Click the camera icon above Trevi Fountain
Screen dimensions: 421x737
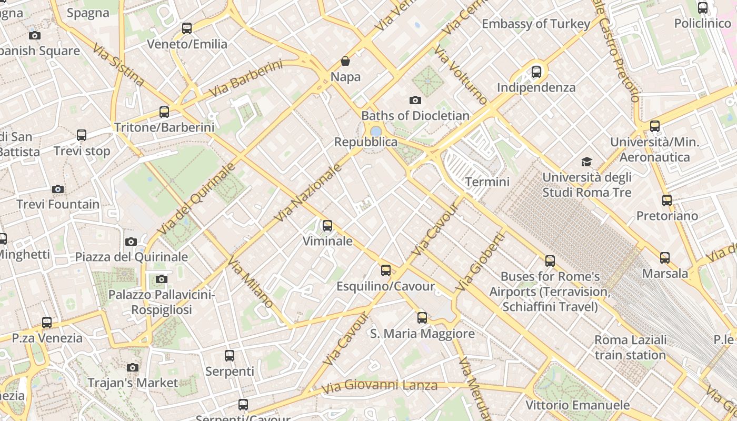coord(58,189)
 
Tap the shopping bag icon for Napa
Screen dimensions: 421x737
coord(345,62)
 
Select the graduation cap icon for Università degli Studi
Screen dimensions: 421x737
coord(586,162)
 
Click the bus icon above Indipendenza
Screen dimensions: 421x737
coord(536,72)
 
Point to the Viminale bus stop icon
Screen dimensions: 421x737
coord(327,226)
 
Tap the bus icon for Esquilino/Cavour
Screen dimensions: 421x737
coord(386,270)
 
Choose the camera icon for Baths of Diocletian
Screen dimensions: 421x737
coord(415,100)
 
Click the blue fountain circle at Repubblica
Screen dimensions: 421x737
coord(376,131)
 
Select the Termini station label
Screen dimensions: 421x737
coord(487,182)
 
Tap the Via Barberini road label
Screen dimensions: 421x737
coord(246,78)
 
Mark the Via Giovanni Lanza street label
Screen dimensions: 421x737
coord(379,386)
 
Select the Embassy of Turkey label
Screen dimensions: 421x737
coord(536,24)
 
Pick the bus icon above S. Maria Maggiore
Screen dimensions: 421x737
coord(422,317)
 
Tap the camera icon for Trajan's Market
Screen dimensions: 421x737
coord(133,367)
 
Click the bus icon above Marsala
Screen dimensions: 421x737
coord(665,257)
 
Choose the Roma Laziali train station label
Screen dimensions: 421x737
coord(631,347)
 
